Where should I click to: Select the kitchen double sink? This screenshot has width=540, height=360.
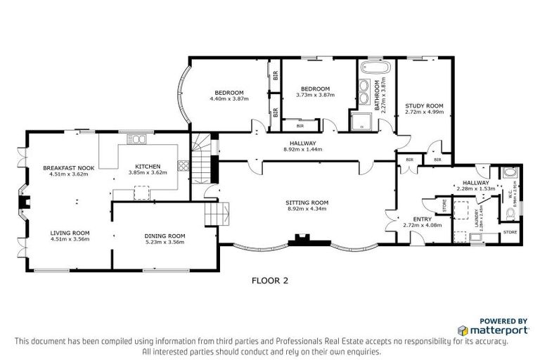pyautogui.click(x=137, y=139)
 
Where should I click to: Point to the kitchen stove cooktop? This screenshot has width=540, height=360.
pyautogui.click(x=184, y=167)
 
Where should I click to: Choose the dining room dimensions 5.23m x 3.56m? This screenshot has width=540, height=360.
pyautogui.click(x=165, y=242)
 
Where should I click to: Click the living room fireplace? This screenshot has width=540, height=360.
pyautogui.click(x=25, y=204)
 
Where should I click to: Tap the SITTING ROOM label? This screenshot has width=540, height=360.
pyautogui.click(x=308, y=202)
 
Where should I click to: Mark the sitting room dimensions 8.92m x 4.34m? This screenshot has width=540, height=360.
pyautogui.click(x=308, y=208)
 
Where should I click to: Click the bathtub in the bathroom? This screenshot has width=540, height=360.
pyautogui.click(x=369, y=69)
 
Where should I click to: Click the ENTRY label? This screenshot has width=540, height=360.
pyautogui.click(x=422, y=219)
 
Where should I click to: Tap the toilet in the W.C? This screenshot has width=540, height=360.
pyautogui.click(x=509, y=173)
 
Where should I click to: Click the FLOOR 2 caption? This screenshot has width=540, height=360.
pyautogui.click(x=270, y=279)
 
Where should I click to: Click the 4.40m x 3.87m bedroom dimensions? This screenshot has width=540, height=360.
pyautogui.click(x=229, y=99)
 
